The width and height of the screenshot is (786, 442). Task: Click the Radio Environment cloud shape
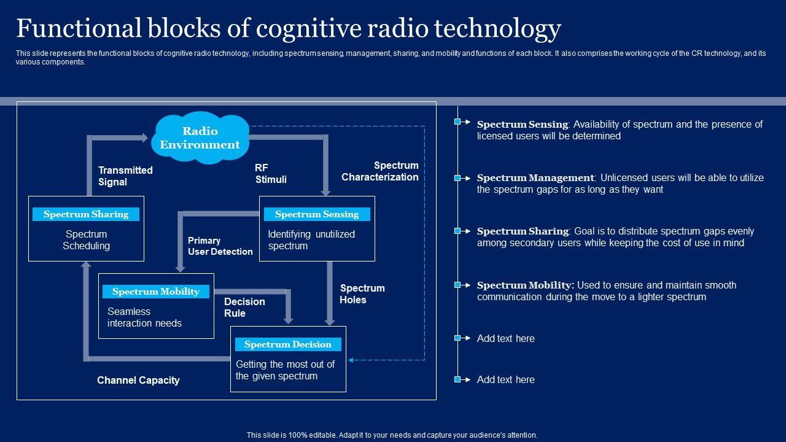point(200,138)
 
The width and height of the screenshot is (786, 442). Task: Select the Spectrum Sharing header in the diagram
point(86,214)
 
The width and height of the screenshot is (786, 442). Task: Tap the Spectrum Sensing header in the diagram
point(317,214)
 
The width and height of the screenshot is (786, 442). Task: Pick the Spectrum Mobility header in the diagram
point(156,292)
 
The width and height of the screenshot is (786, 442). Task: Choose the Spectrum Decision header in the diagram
point(288,344)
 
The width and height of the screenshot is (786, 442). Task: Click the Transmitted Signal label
point(125,176)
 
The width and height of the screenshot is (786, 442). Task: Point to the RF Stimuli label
point(271,174)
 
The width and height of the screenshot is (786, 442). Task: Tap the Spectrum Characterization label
point(380,171)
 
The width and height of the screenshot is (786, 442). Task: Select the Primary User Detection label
point(220,246)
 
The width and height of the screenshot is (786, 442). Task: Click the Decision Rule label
point(244,308)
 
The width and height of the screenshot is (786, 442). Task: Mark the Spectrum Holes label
point(362,294)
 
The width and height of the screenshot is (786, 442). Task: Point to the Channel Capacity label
point(138,381)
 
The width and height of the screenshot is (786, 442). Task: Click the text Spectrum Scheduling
point(86,240)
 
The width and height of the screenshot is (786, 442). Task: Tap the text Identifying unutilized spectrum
point(311,240)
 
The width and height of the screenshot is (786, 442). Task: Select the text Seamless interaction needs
point(144,317)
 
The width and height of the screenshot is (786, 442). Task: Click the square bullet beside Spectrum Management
point(457,178)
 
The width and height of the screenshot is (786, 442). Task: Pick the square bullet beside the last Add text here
point(457,380)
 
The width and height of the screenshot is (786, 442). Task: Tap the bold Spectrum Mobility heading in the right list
point(525,285)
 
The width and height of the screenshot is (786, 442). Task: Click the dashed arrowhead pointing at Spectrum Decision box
point(352,360)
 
